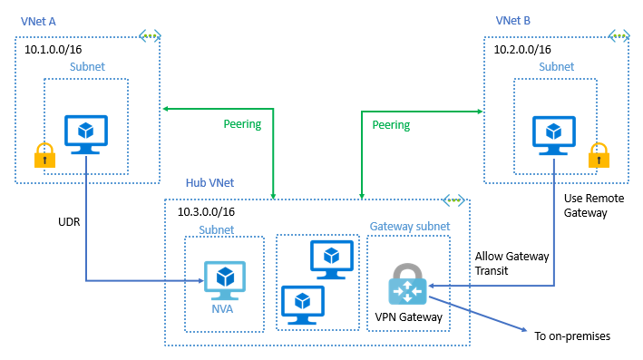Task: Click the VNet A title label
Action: pos(39,21)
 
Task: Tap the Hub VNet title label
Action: pos(209,183)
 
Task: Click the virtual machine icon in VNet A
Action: pos(86,133)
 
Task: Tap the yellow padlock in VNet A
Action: pos(42,156)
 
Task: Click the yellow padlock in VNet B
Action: pos(599,156)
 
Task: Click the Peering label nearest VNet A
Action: pos(242,124)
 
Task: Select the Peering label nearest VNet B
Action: pos(391,124)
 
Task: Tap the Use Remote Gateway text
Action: pos(587,205)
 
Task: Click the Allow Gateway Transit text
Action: pos(511,263)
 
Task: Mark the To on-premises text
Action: pos(572,336)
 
